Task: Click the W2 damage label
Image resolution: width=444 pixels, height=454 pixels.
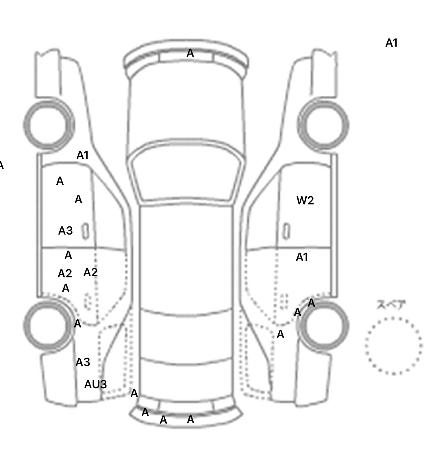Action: (x=305, y=200)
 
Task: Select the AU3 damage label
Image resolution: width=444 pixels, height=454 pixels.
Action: (x=95, y=385)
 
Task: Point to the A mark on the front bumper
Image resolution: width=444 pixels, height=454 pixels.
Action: (x=190, y=53)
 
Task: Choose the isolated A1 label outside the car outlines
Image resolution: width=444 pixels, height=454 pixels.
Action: (x=392, y=43)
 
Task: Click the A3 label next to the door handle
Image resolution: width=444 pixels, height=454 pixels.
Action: (x=65, y=231)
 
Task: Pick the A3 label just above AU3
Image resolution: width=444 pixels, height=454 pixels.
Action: (x=83, y=362)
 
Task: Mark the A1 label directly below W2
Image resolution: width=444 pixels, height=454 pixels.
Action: (x=302, y=257)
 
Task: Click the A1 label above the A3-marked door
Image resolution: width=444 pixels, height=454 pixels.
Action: (x=82, y=155)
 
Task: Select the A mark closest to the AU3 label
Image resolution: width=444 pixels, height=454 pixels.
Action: (x=134, y=393)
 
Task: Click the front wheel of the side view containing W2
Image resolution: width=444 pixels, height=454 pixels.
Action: (x=323, y=125)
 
